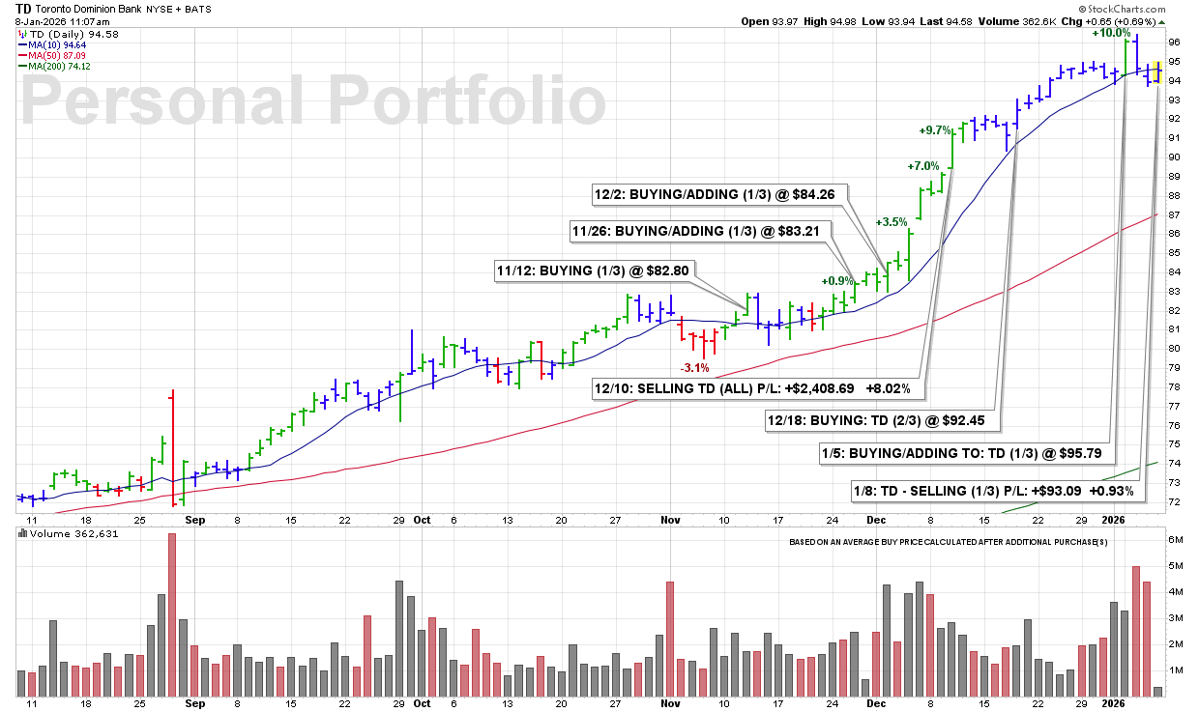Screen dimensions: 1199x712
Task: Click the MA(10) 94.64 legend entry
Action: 52,45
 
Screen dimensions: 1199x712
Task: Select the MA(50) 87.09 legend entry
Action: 52,56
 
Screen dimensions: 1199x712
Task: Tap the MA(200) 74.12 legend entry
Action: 54,67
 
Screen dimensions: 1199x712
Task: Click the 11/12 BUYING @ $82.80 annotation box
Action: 593,271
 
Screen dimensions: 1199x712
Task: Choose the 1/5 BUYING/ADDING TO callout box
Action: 962,454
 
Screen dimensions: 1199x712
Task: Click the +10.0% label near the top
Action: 1111,33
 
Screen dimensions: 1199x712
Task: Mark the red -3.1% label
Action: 695,368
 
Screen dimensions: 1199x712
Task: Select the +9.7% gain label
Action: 935,130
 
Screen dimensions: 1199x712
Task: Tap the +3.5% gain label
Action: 892,222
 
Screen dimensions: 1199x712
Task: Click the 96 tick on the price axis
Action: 1174,43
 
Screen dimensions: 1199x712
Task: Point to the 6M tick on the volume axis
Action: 1175,540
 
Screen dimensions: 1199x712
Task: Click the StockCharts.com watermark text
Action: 1122,9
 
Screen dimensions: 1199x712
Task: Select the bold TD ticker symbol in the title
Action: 23,9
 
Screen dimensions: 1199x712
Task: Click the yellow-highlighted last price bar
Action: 1157,72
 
